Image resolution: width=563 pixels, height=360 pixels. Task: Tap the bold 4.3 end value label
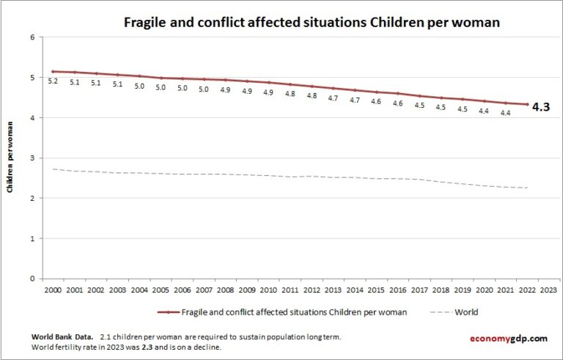[x=540, y=107]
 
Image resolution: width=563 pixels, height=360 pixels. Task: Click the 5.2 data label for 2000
[x=53, y=81]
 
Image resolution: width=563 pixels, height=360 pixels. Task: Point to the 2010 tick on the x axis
[x=268, y=290]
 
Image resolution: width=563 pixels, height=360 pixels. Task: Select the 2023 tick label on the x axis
[x=548, y=290]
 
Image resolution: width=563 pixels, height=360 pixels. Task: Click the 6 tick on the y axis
[x=32, y=37]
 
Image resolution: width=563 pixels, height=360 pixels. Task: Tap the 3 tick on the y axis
[x=32, y=158]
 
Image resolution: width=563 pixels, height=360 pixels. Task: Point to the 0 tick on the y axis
[x=32, y=279]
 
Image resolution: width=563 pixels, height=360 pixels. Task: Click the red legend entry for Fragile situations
[x=293, y=312]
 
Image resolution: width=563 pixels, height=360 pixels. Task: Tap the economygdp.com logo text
[x=508, y=338]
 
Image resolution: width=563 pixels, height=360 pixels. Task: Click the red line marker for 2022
[x=526, y=104]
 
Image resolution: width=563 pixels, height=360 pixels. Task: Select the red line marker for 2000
[x=53, y=71]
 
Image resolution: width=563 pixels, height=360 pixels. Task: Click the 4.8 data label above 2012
[x=312, y=95]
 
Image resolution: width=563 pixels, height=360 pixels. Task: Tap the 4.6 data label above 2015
[x=376, y=102]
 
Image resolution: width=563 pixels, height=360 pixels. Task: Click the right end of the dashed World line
[x=526, y=188]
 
